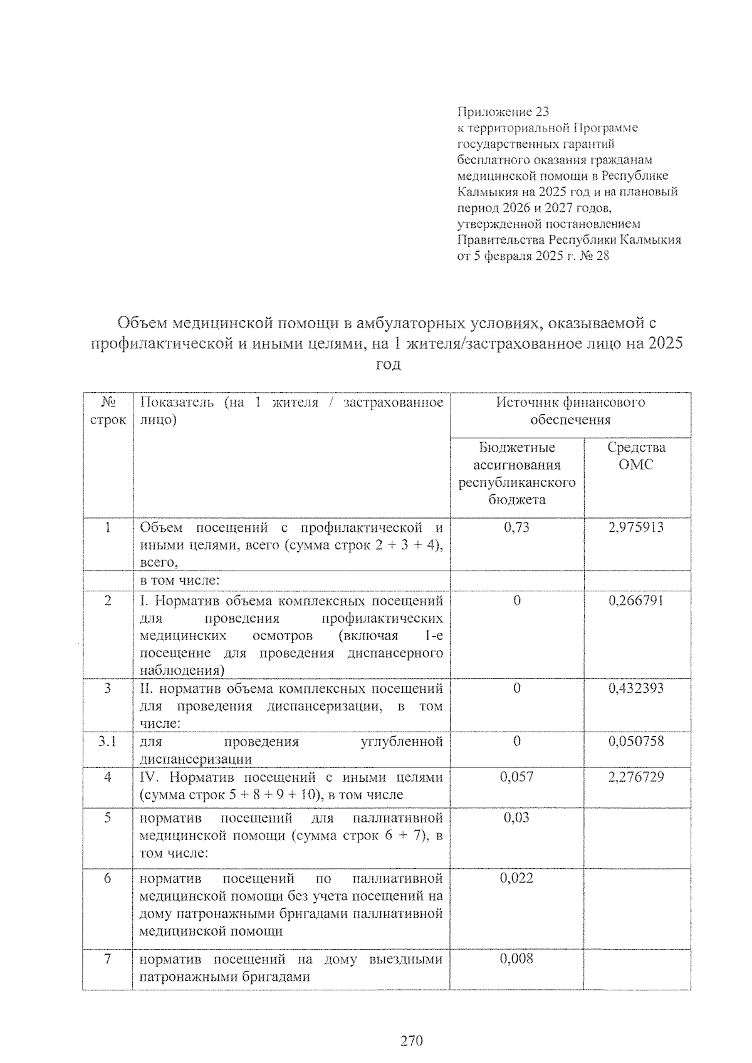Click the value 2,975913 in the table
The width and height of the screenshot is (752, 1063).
(x=635, y=527)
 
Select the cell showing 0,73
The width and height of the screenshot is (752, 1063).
(x=516, y=527)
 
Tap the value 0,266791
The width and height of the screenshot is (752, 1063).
(x=635, y=601)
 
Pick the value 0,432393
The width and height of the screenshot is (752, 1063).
(x=635, y=688)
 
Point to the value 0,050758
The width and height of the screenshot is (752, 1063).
(x=635, y=742)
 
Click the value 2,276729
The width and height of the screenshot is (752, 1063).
(x=635, y=777)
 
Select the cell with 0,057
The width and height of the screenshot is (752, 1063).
(x=516, y=777)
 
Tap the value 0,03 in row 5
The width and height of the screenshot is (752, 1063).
(x=516, y=817)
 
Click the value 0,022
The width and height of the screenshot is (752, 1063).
(x=516, y=878)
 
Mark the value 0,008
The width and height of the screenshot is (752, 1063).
(x=516, y=959)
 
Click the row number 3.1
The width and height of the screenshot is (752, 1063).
(x=108, y=742)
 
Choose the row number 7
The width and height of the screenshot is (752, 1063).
(x=108, y=959)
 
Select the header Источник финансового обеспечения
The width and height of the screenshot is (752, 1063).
(x=570, y=411)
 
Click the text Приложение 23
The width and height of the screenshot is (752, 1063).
(x=503, y=112)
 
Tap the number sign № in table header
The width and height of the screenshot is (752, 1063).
(x=108, y=402)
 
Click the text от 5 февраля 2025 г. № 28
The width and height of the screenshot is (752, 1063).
(x=533, y=256)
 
